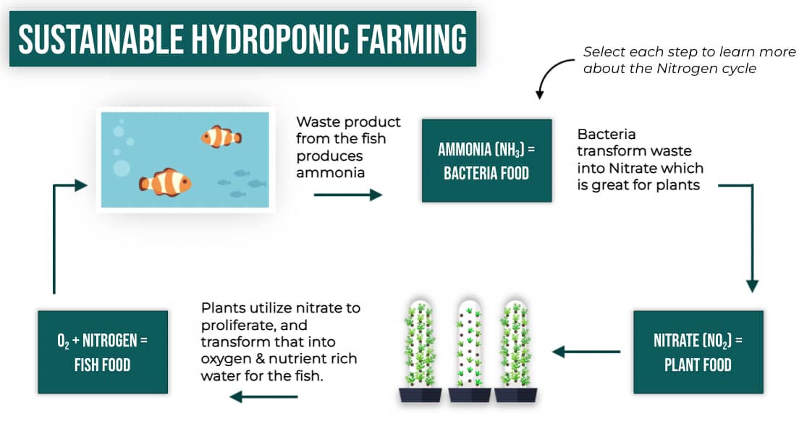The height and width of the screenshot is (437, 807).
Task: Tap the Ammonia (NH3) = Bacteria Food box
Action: coord(486,161)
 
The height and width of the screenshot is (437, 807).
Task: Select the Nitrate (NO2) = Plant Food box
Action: coord(698,352)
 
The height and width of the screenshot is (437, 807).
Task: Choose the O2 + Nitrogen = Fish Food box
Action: coord(103,352)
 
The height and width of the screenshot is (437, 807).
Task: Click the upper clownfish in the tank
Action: coord(221,137)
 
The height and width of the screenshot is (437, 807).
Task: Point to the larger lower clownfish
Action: coord(165,182)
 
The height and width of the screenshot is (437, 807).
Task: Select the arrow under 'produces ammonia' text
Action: coord(348,195)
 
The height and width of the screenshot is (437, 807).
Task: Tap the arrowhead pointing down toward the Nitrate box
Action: coord(752,287)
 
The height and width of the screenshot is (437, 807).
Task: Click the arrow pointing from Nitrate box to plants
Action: coord(586,352)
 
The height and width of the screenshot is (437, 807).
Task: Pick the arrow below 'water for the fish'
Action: coord(263,396)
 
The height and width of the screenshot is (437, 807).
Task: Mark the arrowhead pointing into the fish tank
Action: coord(81,185)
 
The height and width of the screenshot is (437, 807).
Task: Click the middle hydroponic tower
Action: coord(470,350)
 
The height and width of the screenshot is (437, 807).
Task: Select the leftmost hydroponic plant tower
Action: coord(421,350)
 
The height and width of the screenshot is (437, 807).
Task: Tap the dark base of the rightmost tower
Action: coord(516,395)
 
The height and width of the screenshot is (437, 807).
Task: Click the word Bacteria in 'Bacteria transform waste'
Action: coord(607,135)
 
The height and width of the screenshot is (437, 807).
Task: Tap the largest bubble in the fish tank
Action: coord(122,169)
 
